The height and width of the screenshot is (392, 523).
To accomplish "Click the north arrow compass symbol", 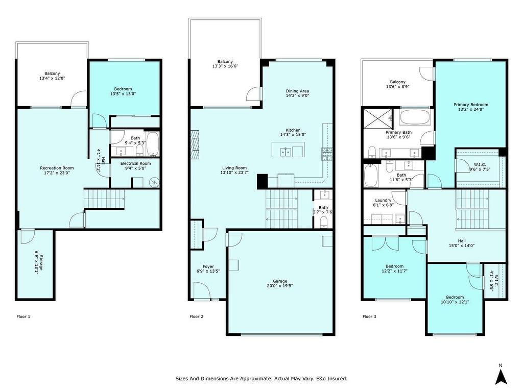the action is click(501, 374).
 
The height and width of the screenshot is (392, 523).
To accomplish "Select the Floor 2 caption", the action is click(197, 316).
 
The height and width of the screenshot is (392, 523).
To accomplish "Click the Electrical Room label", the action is click(135, 163).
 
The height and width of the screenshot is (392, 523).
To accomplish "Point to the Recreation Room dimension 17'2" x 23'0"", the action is click(57, 173).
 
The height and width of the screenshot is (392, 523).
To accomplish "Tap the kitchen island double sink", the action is click(286, 152).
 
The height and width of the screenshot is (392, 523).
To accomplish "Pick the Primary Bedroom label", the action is click(470, 105).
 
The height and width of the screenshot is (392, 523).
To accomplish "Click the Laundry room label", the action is click(383, 200).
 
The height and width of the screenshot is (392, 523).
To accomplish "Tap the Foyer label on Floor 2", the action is click(208, 266).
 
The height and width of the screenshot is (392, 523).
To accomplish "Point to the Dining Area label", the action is click(297, 91).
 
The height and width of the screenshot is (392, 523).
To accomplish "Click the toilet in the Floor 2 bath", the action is click(323, 222).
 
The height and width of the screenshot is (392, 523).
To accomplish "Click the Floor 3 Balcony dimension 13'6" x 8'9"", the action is click(397, 86).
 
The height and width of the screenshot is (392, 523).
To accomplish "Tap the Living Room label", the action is click(234, 168).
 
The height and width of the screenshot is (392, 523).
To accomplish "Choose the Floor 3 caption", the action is click(369, 316).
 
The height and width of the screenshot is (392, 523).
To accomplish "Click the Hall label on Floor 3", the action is click(462, 241).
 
